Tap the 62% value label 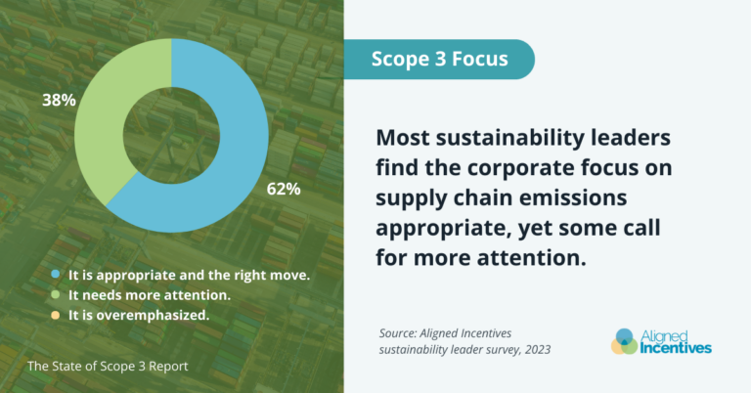[284, 189]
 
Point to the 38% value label [56, 100]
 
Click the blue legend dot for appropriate [57, 277]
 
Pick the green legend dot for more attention [57, 296]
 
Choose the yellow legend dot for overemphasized [57, 316]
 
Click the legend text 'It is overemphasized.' [138, 316]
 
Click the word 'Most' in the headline [404, 138]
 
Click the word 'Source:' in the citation [402, 332]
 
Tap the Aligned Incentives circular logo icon [625, 341]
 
